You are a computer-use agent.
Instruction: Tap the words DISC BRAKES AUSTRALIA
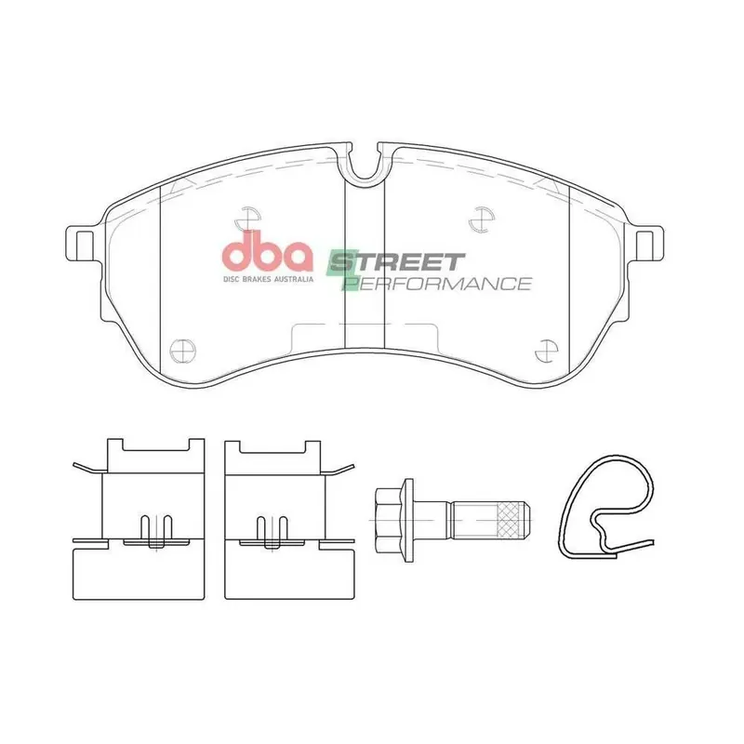268,279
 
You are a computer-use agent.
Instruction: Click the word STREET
396,261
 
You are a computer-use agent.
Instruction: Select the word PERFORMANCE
436,284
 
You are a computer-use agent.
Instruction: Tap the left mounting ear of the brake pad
83,244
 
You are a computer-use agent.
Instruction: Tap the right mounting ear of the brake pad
645,244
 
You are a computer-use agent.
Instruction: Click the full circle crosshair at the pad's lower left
182,352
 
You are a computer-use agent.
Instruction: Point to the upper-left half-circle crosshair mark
247,219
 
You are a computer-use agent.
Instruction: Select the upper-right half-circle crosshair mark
482,219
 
